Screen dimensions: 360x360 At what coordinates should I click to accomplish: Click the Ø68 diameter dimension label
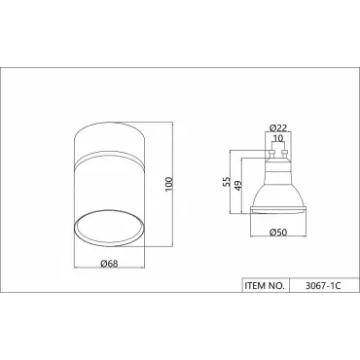click(109, 264)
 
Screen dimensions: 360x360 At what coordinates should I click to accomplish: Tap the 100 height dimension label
click(169, 184)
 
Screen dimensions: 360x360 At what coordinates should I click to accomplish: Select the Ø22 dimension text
click(278, 127)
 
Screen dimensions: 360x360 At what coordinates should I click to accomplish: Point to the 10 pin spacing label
click(278, 138)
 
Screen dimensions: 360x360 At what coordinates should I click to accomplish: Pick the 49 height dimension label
click(238, 186)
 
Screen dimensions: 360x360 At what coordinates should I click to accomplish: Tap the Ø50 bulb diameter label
click(278, 233)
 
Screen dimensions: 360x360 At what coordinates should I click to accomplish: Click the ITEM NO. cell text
click(265, 286)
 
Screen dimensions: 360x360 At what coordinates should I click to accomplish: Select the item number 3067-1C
click(323, 286)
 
